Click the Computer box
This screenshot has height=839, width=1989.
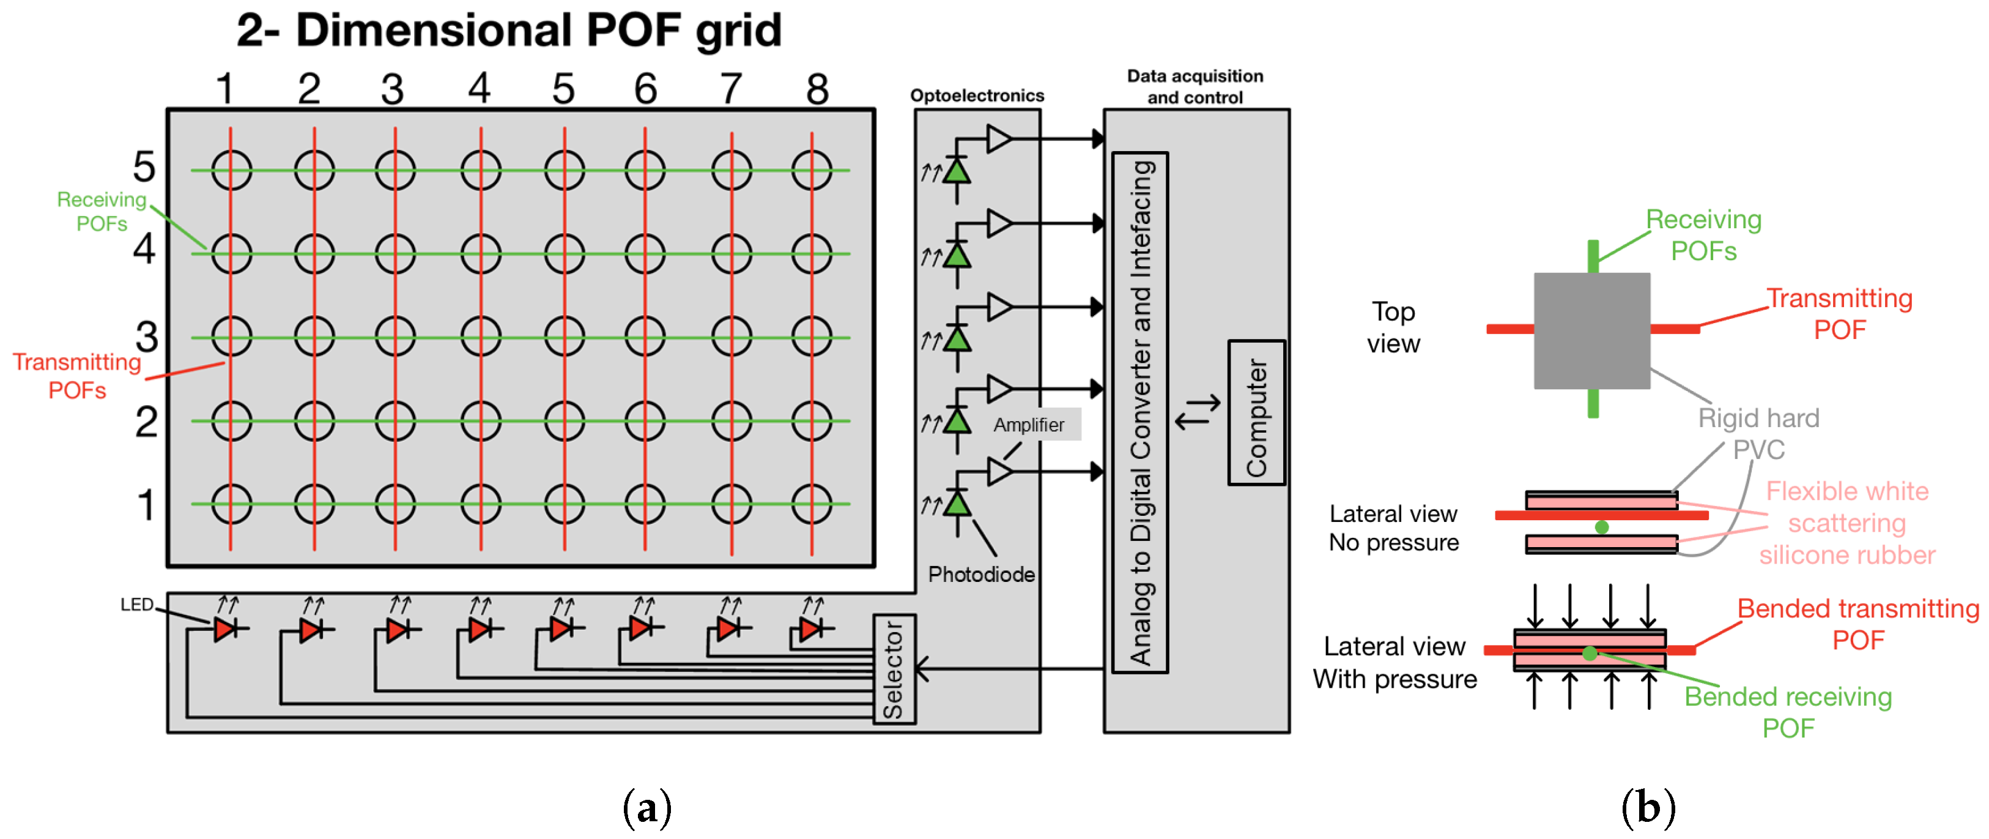click(x=1256, y=412)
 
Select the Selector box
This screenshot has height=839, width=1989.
click(x=894, y=669)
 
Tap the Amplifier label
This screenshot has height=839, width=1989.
click(x=1029, y=425)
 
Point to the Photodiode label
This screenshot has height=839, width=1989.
click(x=982, y=574)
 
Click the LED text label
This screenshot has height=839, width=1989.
click(x=136, y=604)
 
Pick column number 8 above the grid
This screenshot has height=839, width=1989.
click(x=818, y=89)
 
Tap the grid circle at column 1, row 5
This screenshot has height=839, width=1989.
click(x=232, y=170)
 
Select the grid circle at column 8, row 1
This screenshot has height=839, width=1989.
click(x=812, y=504)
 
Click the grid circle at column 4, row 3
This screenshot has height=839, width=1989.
click(x=480, y=337)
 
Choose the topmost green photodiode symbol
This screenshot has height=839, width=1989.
click(x=957, y=170)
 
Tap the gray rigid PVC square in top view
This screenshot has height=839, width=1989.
click(x=1591, y=330)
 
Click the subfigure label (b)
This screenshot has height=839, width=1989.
click(x=1648, y=808)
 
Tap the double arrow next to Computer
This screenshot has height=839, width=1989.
click(x=1198, y=412)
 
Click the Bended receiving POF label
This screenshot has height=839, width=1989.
click(x=1788, y=712)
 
